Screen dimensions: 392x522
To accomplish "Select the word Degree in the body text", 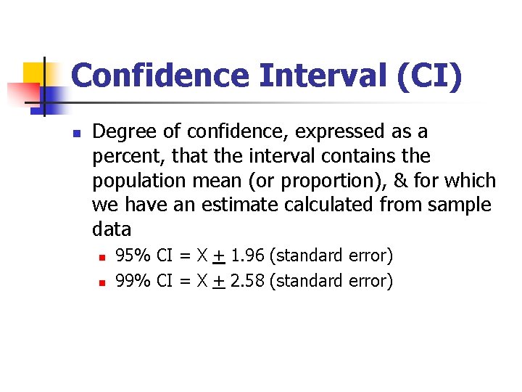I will pos(118,132).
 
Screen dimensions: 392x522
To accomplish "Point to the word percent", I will pos(121,157).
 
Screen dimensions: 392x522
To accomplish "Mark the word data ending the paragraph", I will pos(112,230).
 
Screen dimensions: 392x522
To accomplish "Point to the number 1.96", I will pos(246,256).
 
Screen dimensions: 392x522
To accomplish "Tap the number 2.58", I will pos(246,280).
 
